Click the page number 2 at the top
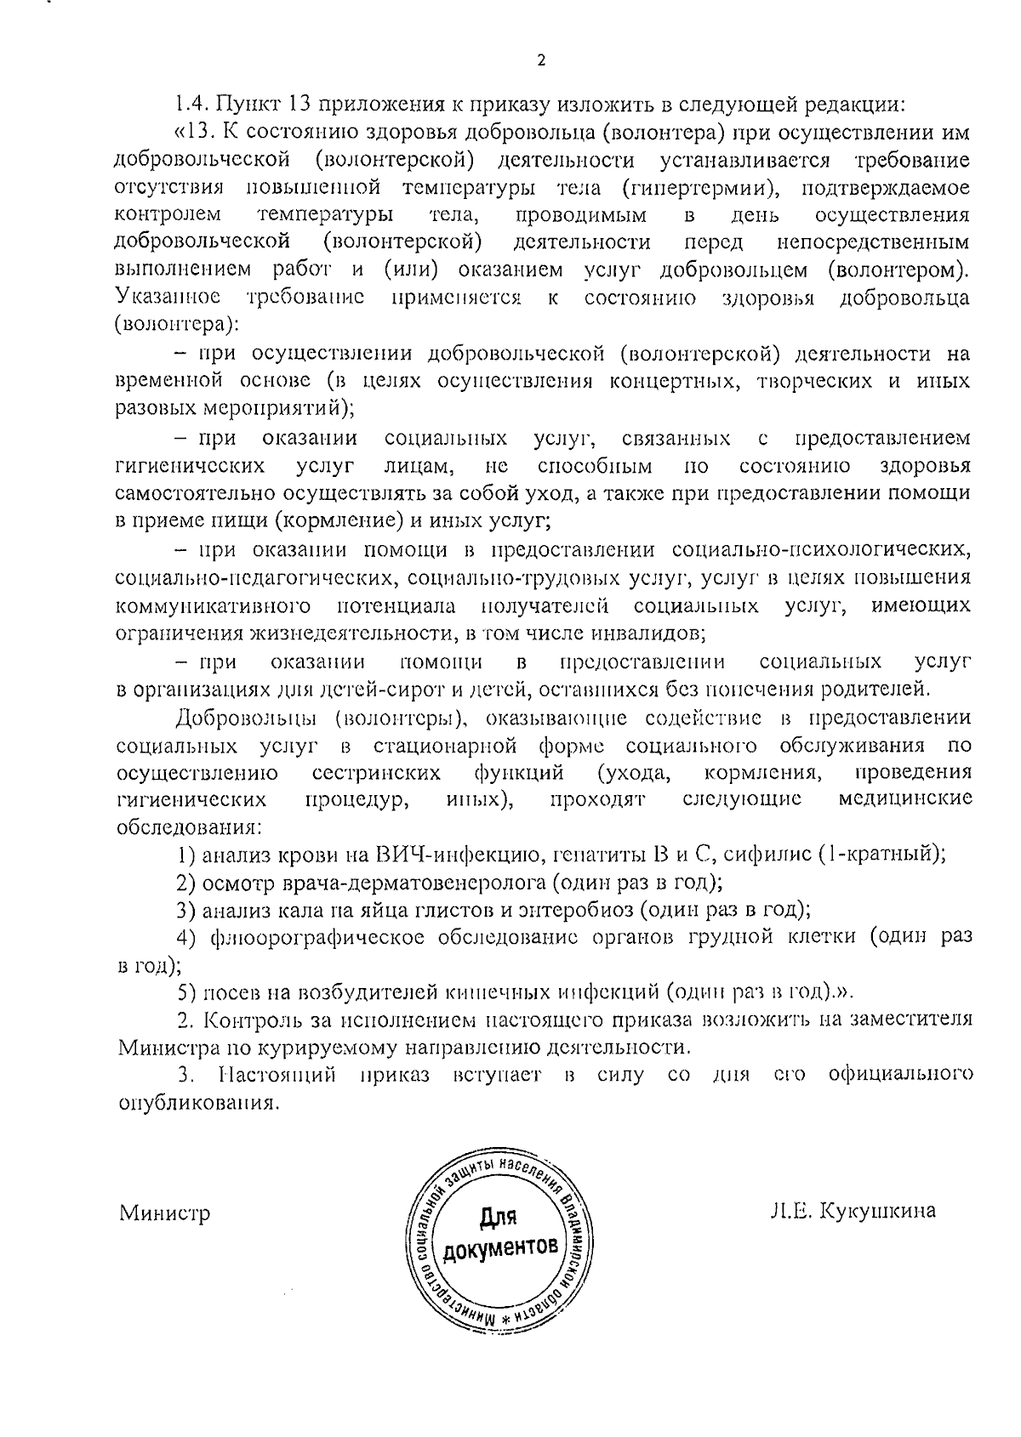coord(541,60)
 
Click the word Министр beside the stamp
coord(164,1213)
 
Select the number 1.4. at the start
coord(191,105)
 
